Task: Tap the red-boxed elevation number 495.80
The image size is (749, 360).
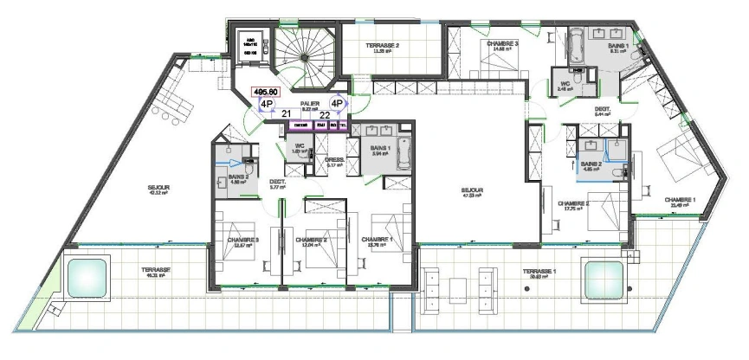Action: point(264,90)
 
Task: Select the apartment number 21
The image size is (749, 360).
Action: point(287,113)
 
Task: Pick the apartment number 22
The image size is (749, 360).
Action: point(324,113)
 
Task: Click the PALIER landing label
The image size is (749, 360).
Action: point(311,102)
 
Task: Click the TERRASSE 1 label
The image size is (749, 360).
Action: point(539,272)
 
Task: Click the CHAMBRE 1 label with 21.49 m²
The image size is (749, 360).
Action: point(680,200)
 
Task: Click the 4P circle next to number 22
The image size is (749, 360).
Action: point(338,102)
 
